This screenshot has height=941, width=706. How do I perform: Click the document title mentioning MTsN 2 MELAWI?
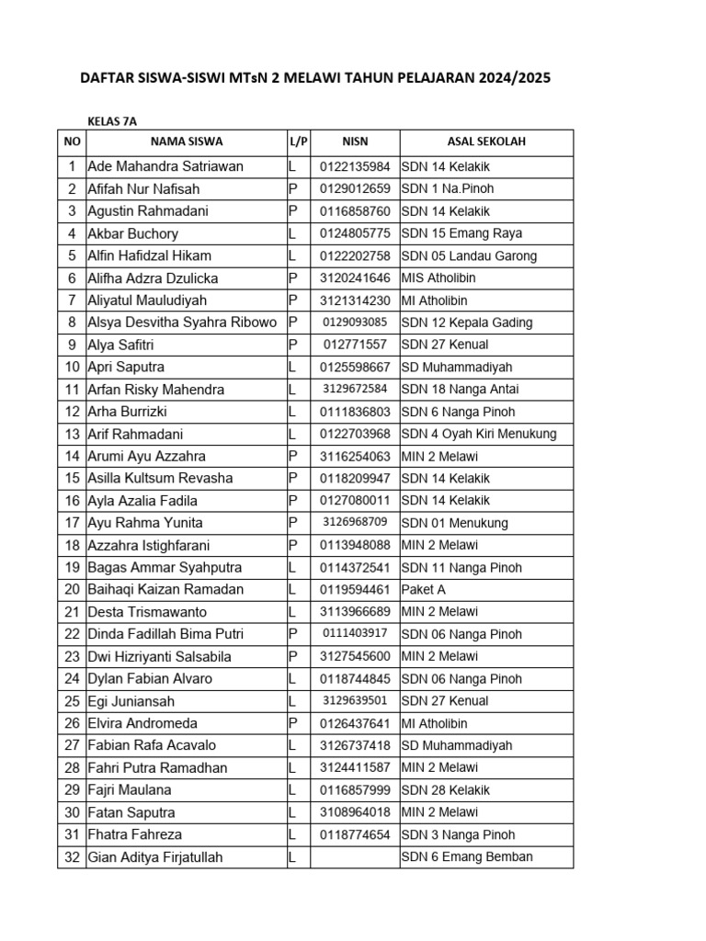tap(317, 79)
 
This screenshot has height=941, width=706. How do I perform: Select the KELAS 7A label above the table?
tap(112, 120)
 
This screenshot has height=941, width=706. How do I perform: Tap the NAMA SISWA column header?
tap(186, 142)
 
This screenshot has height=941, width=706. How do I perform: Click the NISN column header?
tap(355, 142)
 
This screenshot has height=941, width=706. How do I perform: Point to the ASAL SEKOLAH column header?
tap(486, 142)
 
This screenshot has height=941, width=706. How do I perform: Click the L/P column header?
tap(299, 142)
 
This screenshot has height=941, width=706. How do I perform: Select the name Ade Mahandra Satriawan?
tap(165, 166)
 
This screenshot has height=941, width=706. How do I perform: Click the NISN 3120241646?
tap(355, 278)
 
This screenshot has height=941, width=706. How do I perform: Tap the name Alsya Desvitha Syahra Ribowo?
tap(182, 323)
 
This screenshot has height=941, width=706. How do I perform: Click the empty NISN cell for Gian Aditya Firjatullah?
tap(355, 857)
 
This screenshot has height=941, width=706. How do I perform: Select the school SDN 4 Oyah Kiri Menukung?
tap(479, 434)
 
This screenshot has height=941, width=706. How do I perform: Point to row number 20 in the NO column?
tap(72, 590)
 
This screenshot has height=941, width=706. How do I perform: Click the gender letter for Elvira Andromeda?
tap(293, 723)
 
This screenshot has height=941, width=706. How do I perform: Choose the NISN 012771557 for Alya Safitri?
tap(355, 345)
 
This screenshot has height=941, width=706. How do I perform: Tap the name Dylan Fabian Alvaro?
tap(150, 679)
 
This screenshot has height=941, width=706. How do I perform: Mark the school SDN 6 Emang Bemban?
tap(467, 857)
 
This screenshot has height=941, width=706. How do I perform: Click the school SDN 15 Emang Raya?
tap(461, 233)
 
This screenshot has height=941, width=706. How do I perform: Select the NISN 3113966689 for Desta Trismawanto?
tap(355, 612)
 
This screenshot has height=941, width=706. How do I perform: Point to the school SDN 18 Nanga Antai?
tap(461, 389)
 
